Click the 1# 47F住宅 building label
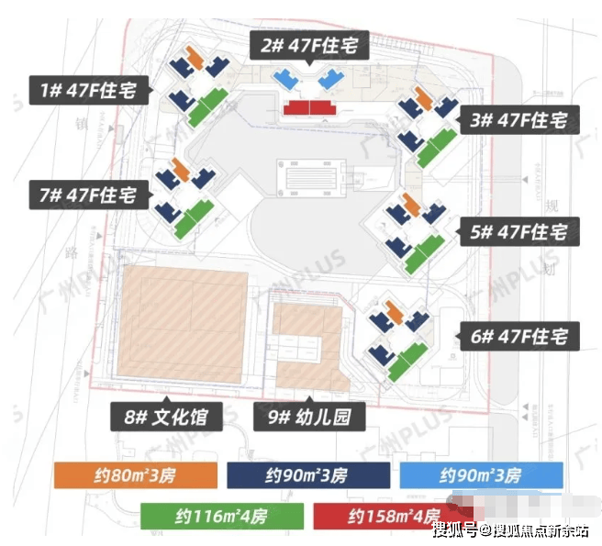(x=87, y=90)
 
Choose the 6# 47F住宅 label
(x=518, y=337)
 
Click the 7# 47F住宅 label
(x=87, y=195)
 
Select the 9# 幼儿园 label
(x=310, y=418)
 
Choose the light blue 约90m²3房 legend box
(x=481, y=475)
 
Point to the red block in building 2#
(x=309, y=108)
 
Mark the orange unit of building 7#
(x=182, y=171)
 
